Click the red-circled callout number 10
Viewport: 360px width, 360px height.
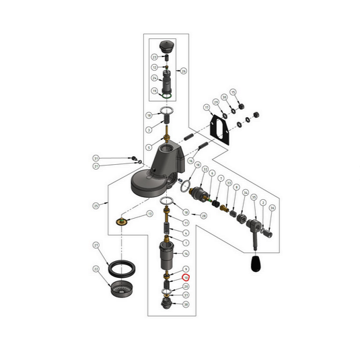click(x=186, y=277)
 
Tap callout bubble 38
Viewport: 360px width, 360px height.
click(x=186, y=304)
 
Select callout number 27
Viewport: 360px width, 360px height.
click(x=96, y=246)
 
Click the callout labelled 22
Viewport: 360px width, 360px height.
click(x=96, y=269)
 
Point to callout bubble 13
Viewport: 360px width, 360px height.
click(x=149, y=213)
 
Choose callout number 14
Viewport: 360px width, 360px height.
click(x=186, y=253)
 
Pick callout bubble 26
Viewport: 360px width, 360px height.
click(x=184, y=70)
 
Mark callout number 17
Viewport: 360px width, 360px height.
click(x=207, y=108)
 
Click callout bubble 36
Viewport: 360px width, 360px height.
click(x=271, y=208)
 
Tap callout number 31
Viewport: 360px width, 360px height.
click(x=96, y=159)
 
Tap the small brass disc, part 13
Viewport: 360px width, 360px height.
click(x=122, y=220)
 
